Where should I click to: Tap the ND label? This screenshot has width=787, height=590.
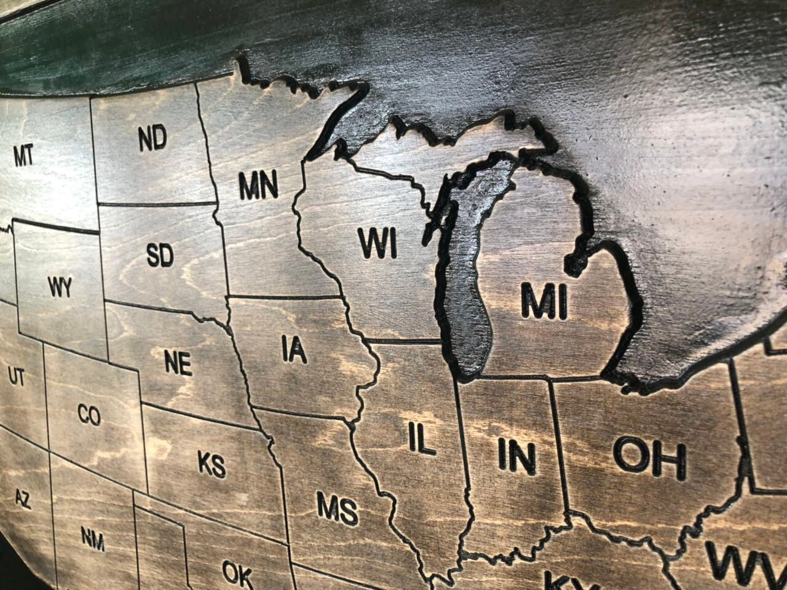[152, 138]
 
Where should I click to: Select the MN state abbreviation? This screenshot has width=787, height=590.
[258, 186]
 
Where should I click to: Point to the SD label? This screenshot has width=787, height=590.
[160, 255]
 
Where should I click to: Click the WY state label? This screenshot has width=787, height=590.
[59, 286]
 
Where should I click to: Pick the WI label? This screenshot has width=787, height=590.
[378, 243]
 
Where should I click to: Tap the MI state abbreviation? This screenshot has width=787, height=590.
[544, 301]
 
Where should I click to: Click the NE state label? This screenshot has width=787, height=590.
[178, 363]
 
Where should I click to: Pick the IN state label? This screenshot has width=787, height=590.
[516, 456]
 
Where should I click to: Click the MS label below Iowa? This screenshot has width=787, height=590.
[337, 509]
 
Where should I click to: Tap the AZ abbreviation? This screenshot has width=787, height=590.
[22, 499]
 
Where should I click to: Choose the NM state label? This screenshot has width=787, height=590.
[93, 540]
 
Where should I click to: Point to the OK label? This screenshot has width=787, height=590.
[237, 573]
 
